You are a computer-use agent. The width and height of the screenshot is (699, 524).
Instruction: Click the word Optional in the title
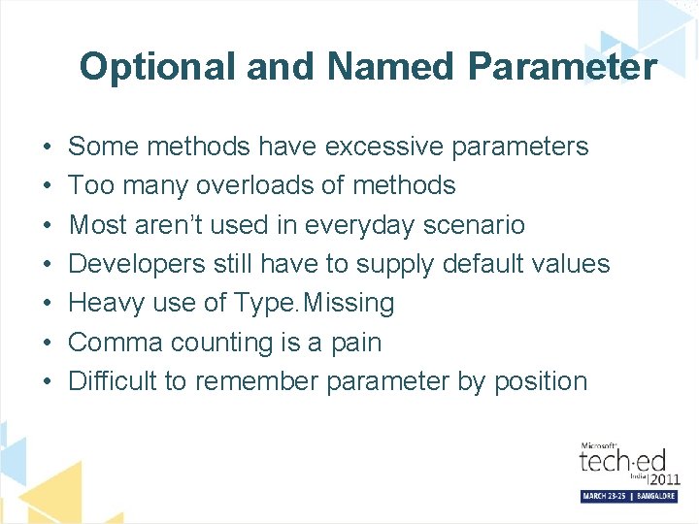[157, 67]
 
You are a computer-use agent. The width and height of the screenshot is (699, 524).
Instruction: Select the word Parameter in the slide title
[561, 67]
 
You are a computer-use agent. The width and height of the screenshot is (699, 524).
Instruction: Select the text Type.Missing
[315, 304]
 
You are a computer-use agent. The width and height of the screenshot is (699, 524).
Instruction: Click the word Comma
[113, 343]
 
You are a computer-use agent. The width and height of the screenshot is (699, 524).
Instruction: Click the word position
[541, 381]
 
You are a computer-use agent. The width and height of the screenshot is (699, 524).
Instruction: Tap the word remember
[256, 381]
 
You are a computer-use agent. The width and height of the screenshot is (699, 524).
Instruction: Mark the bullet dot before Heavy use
[48, 304]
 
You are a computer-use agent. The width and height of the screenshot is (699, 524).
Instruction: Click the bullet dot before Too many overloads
[48, 185]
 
